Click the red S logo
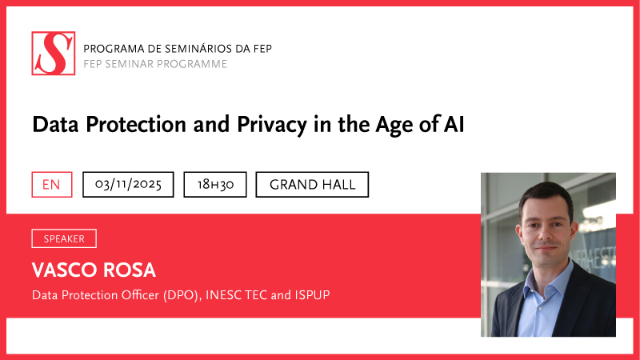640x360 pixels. point(54,54)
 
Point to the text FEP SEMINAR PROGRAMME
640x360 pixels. point(155,64)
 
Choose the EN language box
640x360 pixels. point(51,185)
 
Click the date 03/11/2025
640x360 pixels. point(128,185)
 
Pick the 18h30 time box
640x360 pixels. point(215,185)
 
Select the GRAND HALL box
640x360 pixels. point(312,185)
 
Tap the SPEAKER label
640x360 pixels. point(64,238)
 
